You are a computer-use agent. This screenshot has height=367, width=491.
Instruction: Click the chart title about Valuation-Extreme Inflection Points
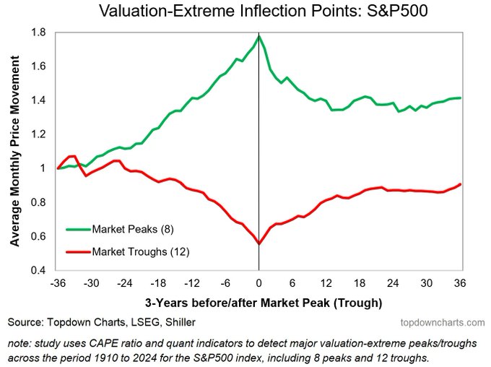pos(245,12)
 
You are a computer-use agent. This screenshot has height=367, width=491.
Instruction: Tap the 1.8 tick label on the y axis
pos(38,33)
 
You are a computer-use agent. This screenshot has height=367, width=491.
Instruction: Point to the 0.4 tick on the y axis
pos(38,270)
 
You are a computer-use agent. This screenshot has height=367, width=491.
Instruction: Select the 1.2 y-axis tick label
pos(38,134)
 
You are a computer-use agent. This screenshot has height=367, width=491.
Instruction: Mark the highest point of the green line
pos(258,35)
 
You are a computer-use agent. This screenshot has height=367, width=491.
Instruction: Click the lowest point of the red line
pos(258,243)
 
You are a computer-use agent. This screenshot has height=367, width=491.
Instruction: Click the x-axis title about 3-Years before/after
pos(258,301)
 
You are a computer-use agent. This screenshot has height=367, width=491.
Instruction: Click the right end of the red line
pos(460,184)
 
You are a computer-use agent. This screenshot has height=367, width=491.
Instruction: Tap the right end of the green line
pos(460,98)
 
